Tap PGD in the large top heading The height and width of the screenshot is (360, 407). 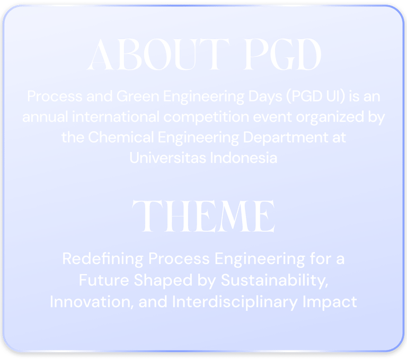[282, 55]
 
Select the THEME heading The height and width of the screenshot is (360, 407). [203, 216]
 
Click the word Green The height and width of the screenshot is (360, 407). [138, 96]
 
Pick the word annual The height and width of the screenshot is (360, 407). [45, 117]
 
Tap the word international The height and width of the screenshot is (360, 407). [116, 117]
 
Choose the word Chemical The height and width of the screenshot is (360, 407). [121, 137]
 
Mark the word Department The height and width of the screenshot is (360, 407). [286, 138]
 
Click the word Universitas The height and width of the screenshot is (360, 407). [167, 158]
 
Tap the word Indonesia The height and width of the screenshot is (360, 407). [243, 158]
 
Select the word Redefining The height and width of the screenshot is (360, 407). [103, 259]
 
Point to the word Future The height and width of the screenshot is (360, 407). [104, 281]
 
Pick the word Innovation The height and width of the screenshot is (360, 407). [92, 302]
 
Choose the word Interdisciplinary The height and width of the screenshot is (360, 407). [235, 303]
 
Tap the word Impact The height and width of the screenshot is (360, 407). [330, 303]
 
